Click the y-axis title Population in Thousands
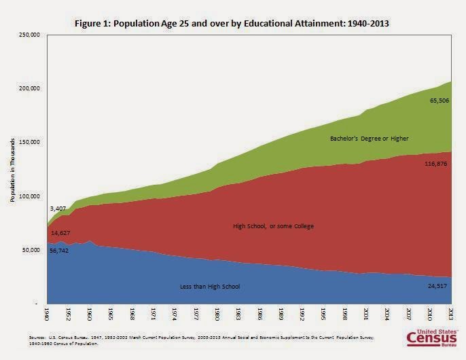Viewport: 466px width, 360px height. point(11,170)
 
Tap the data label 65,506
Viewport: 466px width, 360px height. point(439,101)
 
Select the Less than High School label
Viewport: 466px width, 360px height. point(209,287)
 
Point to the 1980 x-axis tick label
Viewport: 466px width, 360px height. point(217,317)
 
